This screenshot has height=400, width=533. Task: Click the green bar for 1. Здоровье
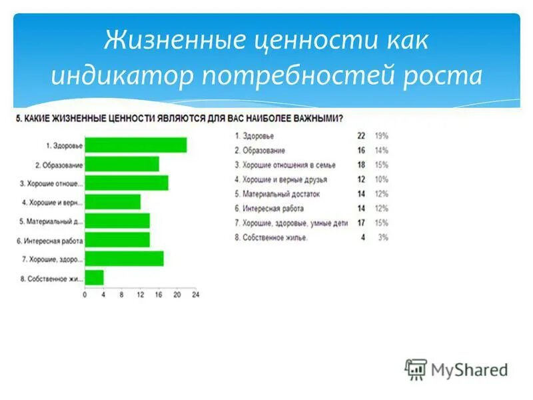pos(136,145)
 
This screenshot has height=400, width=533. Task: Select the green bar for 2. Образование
pos(122,164)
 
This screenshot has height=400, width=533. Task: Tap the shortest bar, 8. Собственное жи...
pos(94,277)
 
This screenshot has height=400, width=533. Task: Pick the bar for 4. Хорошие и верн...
pos(113,201)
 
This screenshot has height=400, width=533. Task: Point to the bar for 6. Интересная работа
pos(117,239)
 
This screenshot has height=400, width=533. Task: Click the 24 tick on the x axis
pos(195,294)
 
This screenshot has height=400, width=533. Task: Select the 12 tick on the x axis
pos(140,294)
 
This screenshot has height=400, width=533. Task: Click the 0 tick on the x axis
pos(85,294)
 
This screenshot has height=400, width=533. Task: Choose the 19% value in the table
pos(381,135)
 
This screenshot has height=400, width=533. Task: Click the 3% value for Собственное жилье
pos(383,237)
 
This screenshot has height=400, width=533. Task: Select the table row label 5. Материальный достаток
pos(277,194)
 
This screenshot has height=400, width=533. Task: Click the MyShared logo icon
pos(416,369)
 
